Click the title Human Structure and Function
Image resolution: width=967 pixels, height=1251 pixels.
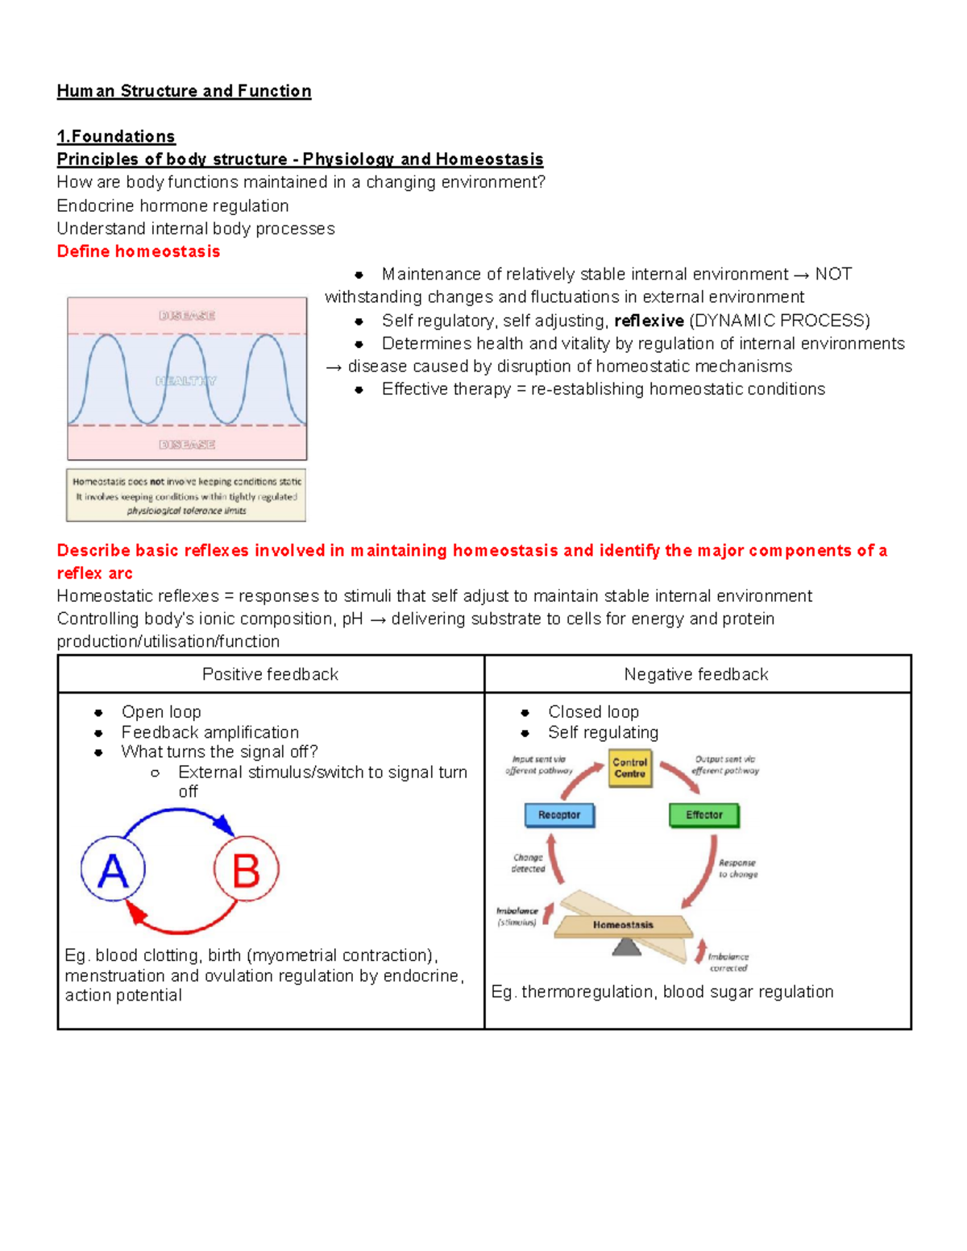pyautogui.click(x=184, y=91)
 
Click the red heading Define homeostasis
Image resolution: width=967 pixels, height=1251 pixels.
pyautogui.click(x=138, y=251)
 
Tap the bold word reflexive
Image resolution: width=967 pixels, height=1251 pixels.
pyautogui.click(x=649, y=321)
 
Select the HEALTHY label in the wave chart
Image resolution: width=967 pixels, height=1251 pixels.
pyautogui.click(x=186, y=380)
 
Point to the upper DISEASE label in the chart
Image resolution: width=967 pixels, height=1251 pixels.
pyautogui.click(x=186, y=316)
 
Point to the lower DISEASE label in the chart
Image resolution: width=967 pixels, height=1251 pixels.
pyautogui.click(x=186, y=445)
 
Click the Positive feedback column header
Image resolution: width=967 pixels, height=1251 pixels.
pyautogui.click(x=270, y=674)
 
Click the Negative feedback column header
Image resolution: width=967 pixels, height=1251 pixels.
pyautogui.click(x=696, y=674)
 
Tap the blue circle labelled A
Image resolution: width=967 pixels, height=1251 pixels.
pyautogui.click(x=113, y=870)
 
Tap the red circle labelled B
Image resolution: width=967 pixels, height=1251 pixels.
pyautogui.click(x=246, y=870)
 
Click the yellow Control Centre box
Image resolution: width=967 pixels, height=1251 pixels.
pyautogui.click(x=629, y=768)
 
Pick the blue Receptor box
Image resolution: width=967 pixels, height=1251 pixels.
pyautogui.click(x=559, y=815)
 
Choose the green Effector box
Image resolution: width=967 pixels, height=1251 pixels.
pyautogui.click(x=703, y=815)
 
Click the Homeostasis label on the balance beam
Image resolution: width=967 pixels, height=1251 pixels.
pyautogui.click(x=623, y=925)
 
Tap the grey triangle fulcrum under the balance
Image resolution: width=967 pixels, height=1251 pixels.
pyautogui.click(x=627, y=947)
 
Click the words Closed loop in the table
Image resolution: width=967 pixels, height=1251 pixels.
pyautogui.click(x=593, y=712)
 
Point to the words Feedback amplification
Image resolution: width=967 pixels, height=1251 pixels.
pyautogui.click(x=210, y=732)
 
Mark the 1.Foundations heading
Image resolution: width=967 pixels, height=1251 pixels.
pyautogui.click(x=116, y=136)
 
